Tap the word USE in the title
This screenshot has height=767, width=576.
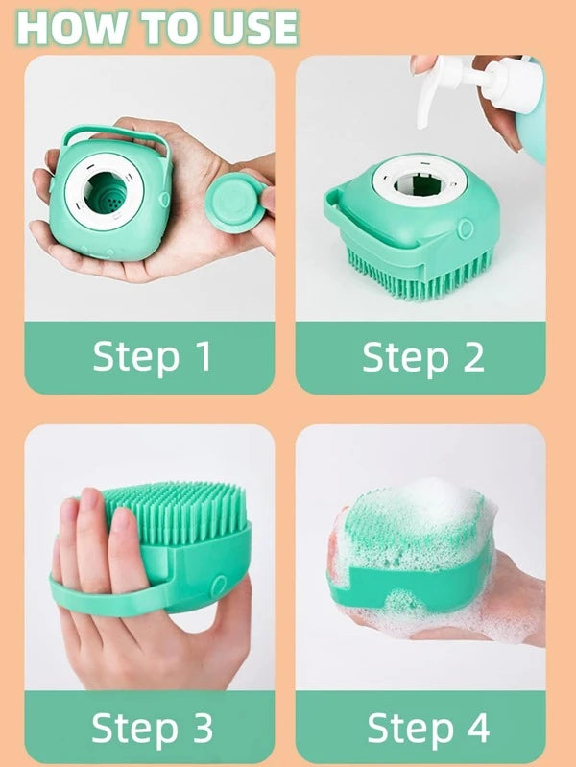(255, 28)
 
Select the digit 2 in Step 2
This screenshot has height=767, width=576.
(472, 356)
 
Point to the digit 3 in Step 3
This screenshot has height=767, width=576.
(202, 728)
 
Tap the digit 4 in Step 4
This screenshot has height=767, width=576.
(477, 728)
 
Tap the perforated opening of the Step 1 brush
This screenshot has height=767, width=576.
(105, 192)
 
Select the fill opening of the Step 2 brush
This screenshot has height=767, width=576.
(420, 184)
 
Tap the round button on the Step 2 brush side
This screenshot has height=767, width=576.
(465, 228)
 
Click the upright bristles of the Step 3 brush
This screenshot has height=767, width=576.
(178, 510)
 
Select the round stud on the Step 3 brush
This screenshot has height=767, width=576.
(218, 586)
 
